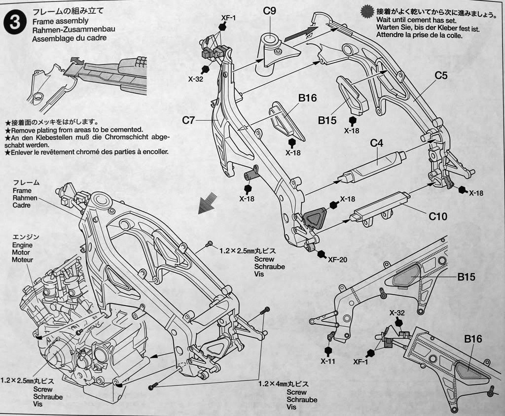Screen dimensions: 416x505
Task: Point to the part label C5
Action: coord(441,75)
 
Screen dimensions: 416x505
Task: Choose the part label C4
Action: coord(377,143)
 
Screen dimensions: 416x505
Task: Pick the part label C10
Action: coord(437,216)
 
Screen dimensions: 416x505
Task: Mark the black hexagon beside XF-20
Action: coord(322,254)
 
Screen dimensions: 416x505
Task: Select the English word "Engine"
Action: coord(22,244)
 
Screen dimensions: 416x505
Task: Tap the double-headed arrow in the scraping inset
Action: coord(76,61)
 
